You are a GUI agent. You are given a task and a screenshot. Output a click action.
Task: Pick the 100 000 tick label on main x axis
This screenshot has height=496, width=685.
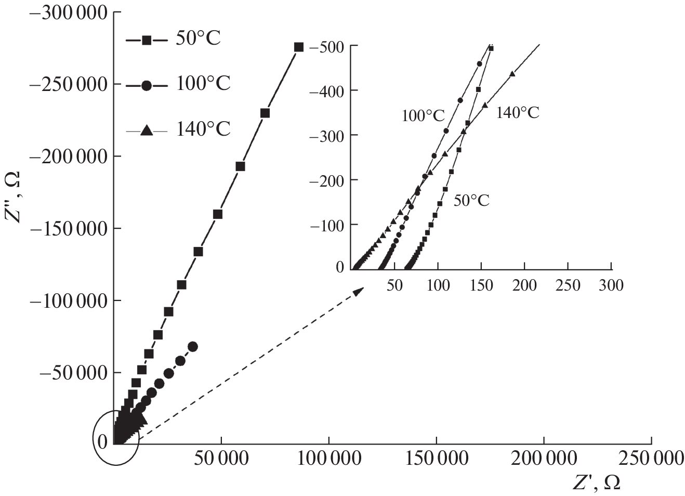[328, 458]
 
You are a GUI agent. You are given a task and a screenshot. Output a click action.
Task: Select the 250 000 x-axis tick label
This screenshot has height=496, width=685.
[651, 458]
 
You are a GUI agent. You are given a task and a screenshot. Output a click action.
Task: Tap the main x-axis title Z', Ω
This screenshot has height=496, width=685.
[596, 483]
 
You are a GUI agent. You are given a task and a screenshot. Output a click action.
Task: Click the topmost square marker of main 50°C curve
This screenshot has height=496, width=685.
[299, 47]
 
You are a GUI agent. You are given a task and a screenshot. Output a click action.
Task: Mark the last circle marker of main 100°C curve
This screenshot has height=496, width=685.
[192, 346]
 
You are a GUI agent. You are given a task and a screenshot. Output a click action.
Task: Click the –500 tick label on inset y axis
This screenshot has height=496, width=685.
[326, 47]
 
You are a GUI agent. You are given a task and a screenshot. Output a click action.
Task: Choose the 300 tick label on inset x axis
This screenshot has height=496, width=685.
[611, 285]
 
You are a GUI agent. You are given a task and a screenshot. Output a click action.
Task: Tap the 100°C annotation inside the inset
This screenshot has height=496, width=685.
[423, 116]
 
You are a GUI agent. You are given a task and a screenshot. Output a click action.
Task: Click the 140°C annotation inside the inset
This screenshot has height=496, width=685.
[517, 113]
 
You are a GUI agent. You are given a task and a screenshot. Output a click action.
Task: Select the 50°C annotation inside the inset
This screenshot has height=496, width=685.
[471, 201]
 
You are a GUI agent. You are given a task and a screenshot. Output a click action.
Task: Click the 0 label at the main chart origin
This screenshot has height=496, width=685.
[102, 441]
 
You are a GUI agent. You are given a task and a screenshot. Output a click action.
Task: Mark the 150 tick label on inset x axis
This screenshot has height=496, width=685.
[481, 285]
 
